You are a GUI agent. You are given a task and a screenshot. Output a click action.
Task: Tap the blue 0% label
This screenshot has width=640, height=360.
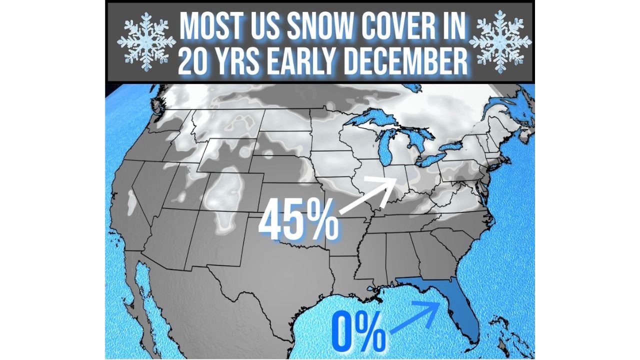tap(359, 331)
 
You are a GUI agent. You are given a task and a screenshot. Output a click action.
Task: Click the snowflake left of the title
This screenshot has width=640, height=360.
tap(145, 42)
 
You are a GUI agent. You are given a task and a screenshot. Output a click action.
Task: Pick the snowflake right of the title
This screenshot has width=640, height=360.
tap(499, 42)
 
